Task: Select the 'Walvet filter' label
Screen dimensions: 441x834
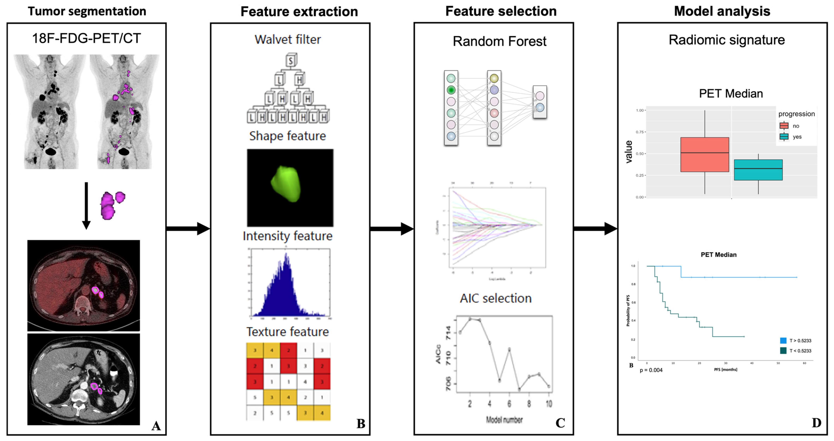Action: [x=288, y=40]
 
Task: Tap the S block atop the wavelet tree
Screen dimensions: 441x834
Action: [x=291, y=61]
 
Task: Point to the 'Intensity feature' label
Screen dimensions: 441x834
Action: [x=288, y=236]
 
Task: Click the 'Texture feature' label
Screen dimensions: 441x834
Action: [x=288, y=332]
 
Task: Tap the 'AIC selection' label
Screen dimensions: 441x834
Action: [x=496, y=298]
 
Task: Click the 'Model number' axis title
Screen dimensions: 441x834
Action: [x=504, y=420]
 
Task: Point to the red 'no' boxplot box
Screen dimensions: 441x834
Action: [x=704, y=155]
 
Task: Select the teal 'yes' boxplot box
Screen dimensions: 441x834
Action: [x=758, y=170]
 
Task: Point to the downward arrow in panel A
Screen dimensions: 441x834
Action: [x=86, y=206]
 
